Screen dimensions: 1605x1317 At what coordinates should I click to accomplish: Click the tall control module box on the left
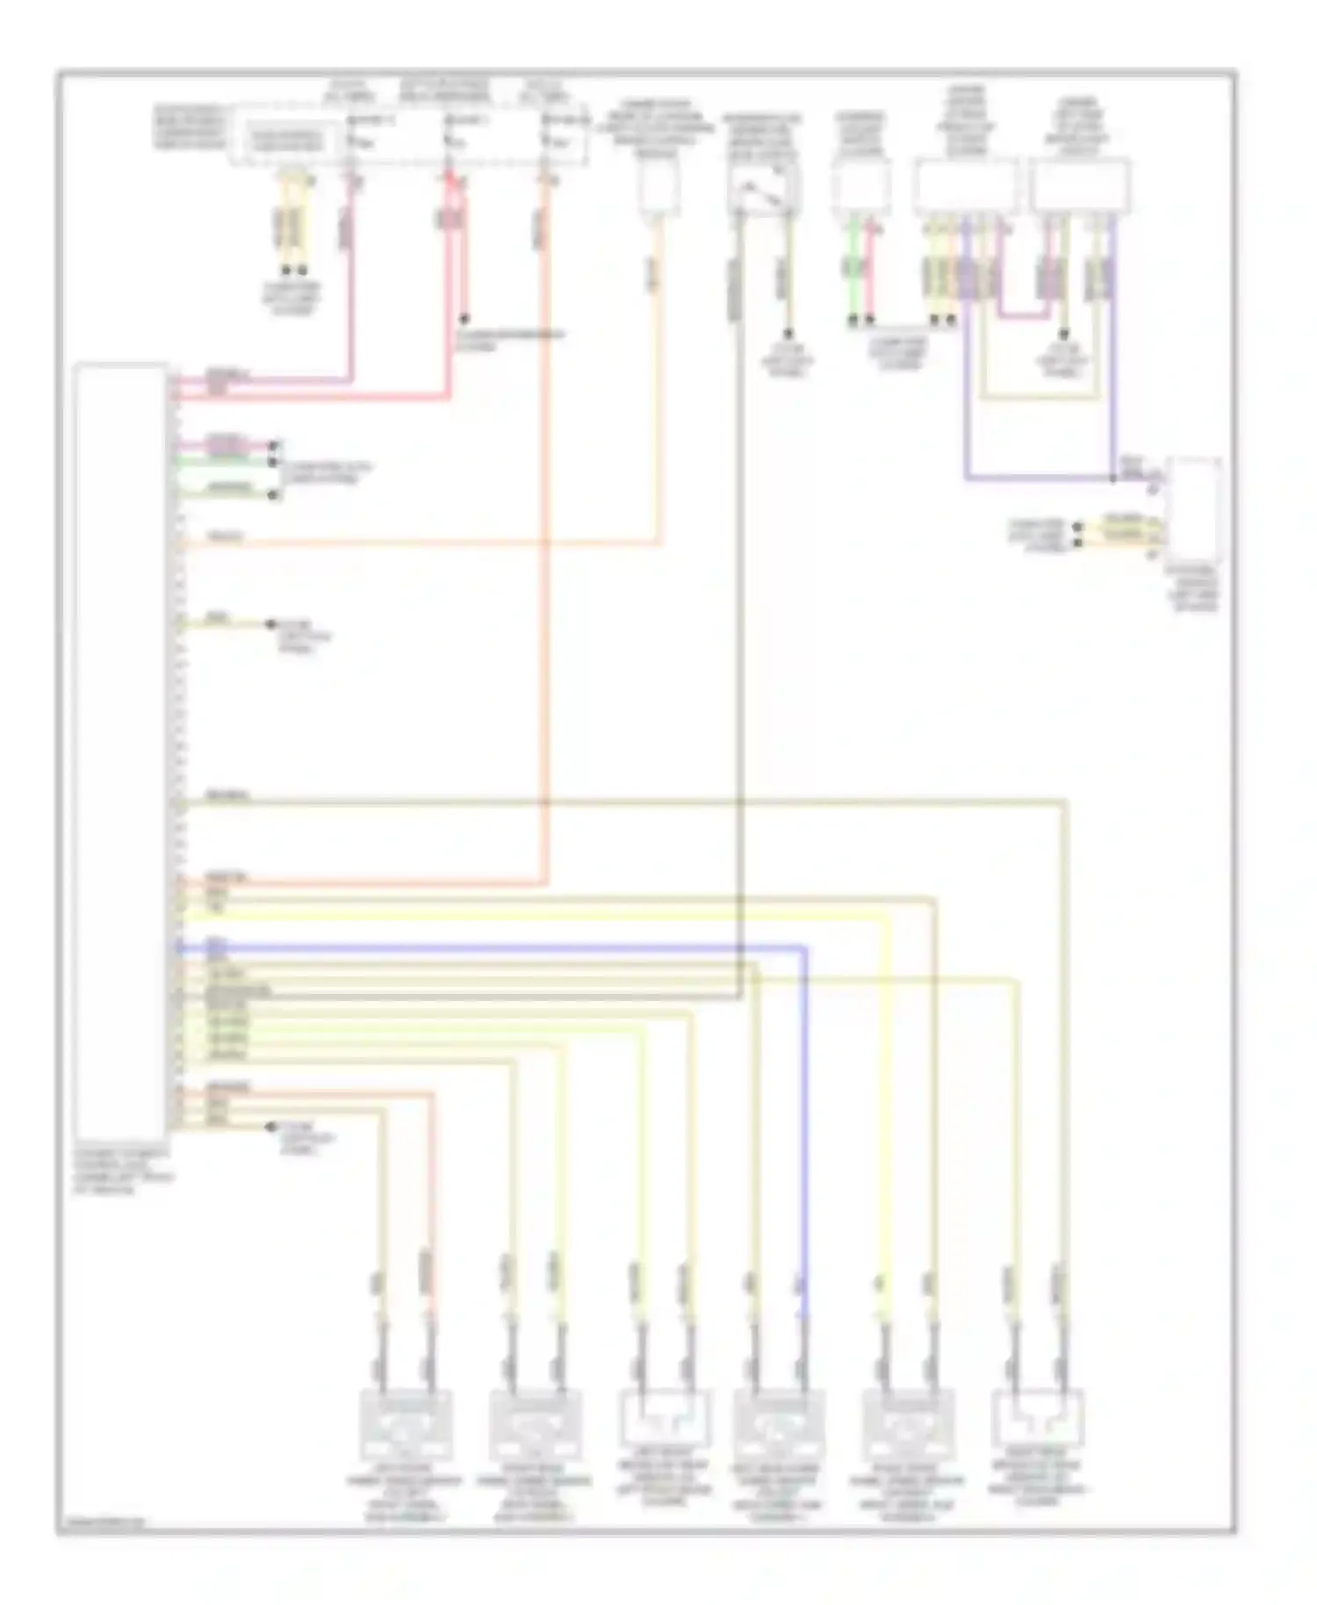[120, 751]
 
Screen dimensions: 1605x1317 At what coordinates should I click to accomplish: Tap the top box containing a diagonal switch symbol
[762, 187]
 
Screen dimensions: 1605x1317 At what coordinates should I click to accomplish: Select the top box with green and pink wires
[861, 189]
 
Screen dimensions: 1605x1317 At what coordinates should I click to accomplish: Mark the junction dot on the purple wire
[1112, 479]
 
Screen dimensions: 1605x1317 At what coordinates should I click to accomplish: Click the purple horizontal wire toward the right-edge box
[1036, 479]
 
